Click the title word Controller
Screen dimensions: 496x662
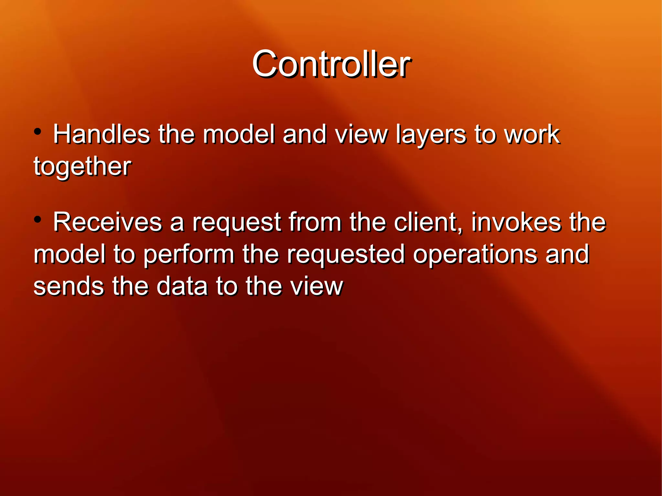point(331,64)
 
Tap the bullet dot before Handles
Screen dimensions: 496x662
point(38,132)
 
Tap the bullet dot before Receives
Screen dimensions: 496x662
point(38,220)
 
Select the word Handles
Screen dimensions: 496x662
point(101,134)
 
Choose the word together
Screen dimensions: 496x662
point(82,167)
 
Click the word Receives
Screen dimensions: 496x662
point(107,222)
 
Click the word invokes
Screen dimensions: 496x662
point(516,222)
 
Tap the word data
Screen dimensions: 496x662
point(182,286)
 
